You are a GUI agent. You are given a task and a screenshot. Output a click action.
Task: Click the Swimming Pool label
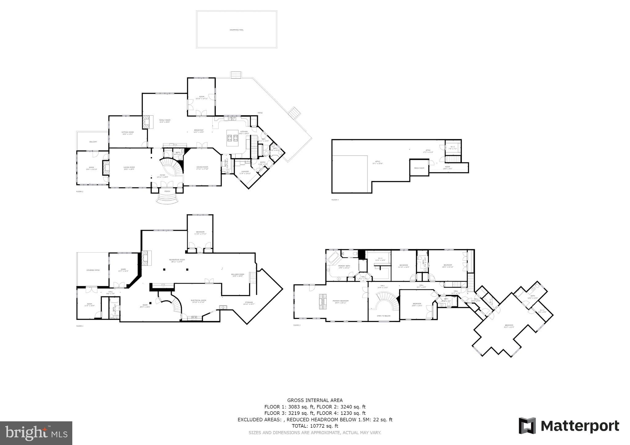point(236,30)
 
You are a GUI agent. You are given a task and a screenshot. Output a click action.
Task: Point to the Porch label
point(167,191)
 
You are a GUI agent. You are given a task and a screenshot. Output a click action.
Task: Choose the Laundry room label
point(245,172)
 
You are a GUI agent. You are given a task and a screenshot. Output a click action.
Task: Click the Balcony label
point(93,142)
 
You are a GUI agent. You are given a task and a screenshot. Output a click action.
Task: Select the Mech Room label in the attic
point(419,168)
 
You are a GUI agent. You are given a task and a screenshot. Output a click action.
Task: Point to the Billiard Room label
point(237,275)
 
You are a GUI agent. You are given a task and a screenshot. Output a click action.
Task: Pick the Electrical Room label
point(198,301)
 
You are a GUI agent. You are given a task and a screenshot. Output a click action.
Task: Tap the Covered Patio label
point(93,270)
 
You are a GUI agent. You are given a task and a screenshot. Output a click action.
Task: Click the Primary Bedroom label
point(340,301)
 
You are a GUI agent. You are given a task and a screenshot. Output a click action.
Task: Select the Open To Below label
point(383,316)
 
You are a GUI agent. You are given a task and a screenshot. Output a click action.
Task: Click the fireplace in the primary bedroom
point(322,301)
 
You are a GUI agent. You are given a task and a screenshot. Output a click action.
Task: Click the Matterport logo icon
point(527,426)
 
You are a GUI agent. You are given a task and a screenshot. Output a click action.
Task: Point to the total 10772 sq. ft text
point(315,426)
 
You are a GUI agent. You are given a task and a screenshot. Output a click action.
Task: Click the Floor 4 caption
point(335,200)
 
